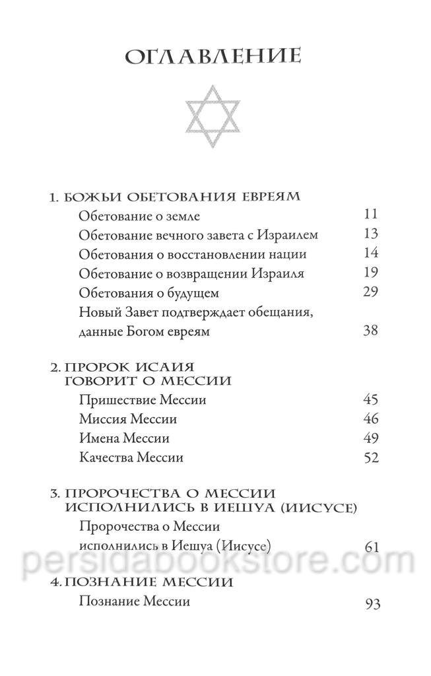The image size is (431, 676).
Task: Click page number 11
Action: coord(370,215)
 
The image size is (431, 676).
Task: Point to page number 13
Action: coord(370,234)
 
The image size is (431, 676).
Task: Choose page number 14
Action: coord(370,254)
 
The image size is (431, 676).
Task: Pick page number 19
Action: coord(370,273)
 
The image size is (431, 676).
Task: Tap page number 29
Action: coord(370,292)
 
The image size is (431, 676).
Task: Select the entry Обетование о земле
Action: coord(129,216)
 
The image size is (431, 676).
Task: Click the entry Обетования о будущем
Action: coord(139,293)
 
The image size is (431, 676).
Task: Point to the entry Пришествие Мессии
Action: coord(133,400)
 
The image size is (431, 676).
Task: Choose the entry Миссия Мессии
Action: coord(127,419)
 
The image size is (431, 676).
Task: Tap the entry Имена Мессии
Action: coord(123,438)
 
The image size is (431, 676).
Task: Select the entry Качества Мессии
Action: coord(131,457)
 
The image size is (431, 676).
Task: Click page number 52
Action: coord(370,457)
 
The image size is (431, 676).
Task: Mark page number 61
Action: coord(370,546)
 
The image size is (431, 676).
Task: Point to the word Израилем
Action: coord(289,235)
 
